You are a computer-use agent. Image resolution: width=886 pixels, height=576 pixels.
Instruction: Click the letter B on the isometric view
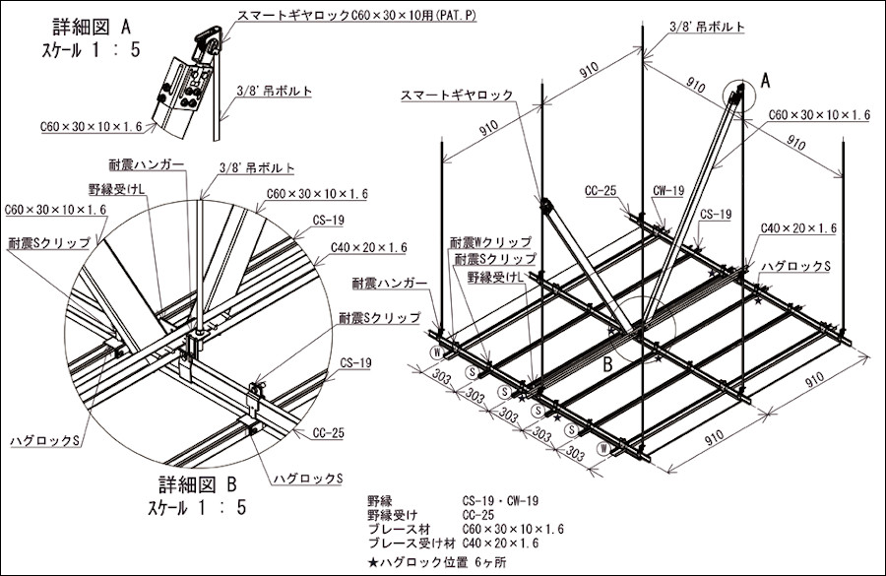608,362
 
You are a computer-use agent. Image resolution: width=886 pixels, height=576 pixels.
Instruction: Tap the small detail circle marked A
735,97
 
